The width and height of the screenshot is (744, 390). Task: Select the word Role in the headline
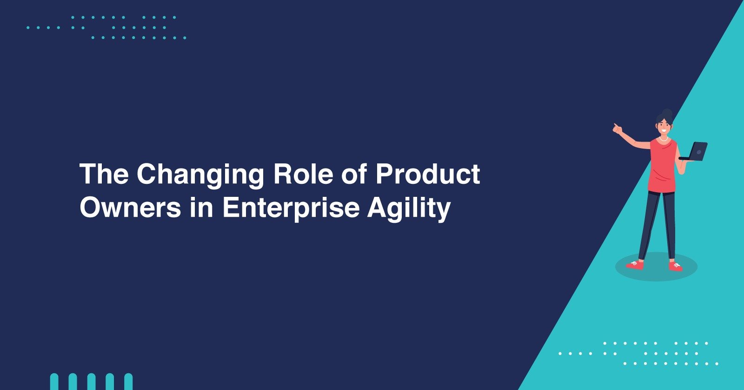(303, 174)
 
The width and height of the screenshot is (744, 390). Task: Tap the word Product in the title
(428, 174)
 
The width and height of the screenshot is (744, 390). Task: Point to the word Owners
(130, 208)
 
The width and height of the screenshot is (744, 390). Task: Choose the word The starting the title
(104, 174)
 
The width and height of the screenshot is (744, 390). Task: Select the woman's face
(664, 127)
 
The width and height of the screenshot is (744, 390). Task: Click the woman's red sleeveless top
(662, 165)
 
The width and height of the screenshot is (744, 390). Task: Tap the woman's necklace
(663, 139)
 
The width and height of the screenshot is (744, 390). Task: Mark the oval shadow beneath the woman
(656, 267)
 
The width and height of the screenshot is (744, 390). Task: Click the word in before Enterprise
(202, 208)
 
